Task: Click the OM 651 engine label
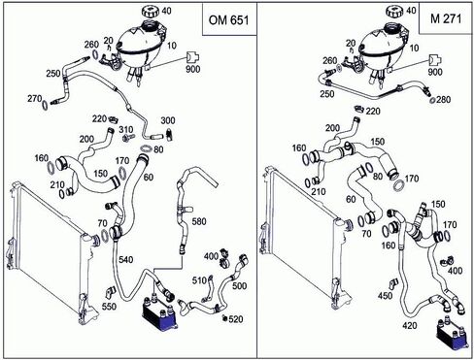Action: pos(228,20)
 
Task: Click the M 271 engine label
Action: pos(446,18)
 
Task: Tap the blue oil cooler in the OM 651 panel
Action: pos(160,313)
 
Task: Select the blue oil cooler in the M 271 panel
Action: pos(451,335)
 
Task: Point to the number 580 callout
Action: pos(199,221)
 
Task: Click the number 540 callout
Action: pos(125,259)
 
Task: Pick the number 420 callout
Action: pos(409,325)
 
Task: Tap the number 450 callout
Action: pos(385,295)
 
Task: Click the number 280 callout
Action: pos(444,99)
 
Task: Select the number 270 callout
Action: pos(34,98)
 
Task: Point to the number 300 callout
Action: pos(168,120)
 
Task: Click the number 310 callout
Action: pos(126,130)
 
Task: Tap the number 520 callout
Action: pos(236,319)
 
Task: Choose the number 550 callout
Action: pos(109,306)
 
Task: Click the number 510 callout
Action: pos(199,280)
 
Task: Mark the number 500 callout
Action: pos(240,285)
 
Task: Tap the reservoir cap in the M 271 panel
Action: pos(395,13)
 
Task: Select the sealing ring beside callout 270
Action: pos(46,105)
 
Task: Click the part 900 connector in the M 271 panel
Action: pos(435,60)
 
